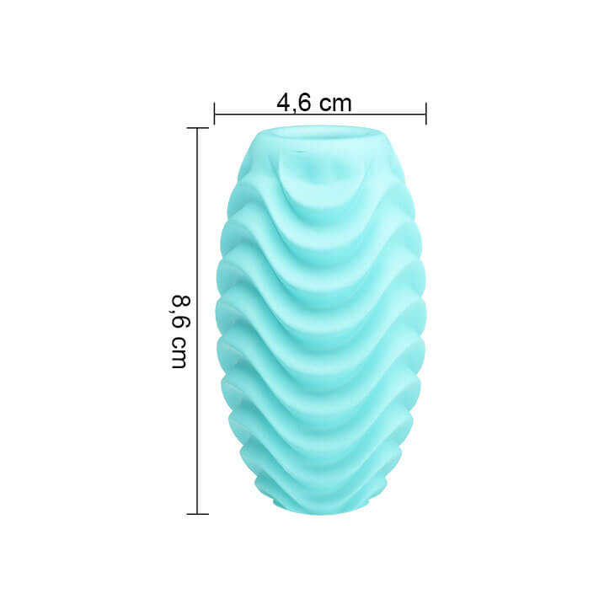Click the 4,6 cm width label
tap(313, 103)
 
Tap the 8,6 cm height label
tap(179, 330)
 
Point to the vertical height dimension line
tap(197, 253)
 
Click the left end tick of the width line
tap(215, 114)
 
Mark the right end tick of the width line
tap(425, 114)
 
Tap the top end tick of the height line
tap(197, 128)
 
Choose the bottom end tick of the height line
tap(197, 513)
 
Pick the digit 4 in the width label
tap(283, 103)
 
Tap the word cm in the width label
tap(334, 103)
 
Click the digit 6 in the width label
tap(302, 103)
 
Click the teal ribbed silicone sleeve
tap(320, 320)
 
